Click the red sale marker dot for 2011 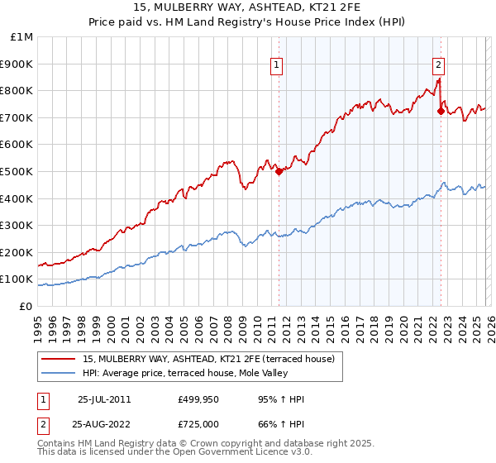[279, 171]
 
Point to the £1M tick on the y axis [22, 37]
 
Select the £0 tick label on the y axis [26, 306]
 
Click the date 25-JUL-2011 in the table [104, 399]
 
